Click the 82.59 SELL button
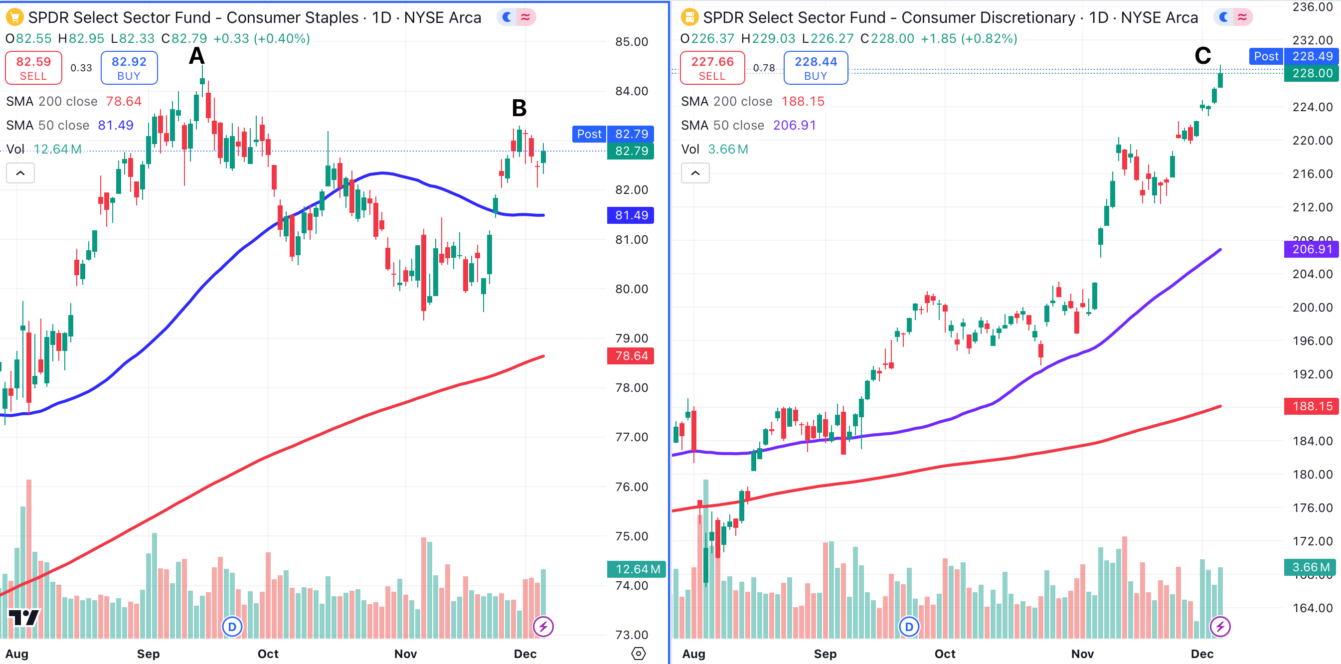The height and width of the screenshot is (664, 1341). (x=33, y=68)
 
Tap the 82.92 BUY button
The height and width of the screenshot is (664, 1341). (x=129, y=68)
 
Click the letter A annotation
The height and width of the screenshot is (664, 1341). (x=196, y=56)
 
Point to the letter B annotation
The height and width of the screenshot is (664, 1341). (x=519, y=108)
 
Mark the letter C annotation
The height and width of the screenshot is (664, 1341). (x=1202, y=56)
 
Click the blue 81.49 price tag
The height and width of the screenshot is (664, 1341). (x=631, y=215)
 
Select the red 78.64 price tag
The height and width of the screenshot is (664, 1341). (x=631, y=356)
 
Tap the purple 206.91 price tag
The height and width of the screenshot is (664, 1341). (x=1311, y=249)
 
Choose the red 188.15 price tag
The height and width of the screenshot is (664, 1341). (x=1311, y=406)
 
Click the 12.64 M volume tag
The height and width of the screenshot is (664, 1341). (x=636, y=569)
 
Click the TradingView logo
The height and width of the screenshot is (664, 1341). (x=23, y=618)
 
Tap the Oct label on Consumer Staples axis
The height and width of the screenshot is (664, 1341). (x=268, y=654)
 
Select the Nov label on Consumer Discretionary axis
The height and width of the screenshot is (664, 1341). (x=1082, y=654)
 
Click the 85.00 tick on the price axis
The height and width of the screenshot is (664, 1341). (x=632, y=42)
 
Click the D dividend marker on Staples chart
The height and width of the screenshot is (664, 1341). (x=232, y=627)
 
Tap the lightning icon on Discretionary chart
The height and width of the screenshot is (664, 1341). (x=1220, y=627)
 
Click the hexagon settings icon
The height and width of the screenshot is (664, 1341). (x=638, y=654)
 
